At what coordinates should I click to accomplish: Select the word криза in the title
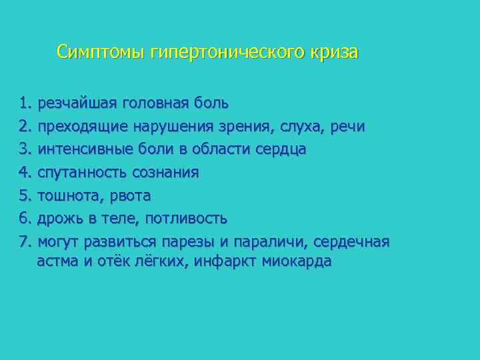[334, 52]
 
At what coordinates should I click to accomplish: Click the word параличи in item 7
[277, 242]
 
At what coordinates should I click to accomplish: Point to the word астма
[57, 261]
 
